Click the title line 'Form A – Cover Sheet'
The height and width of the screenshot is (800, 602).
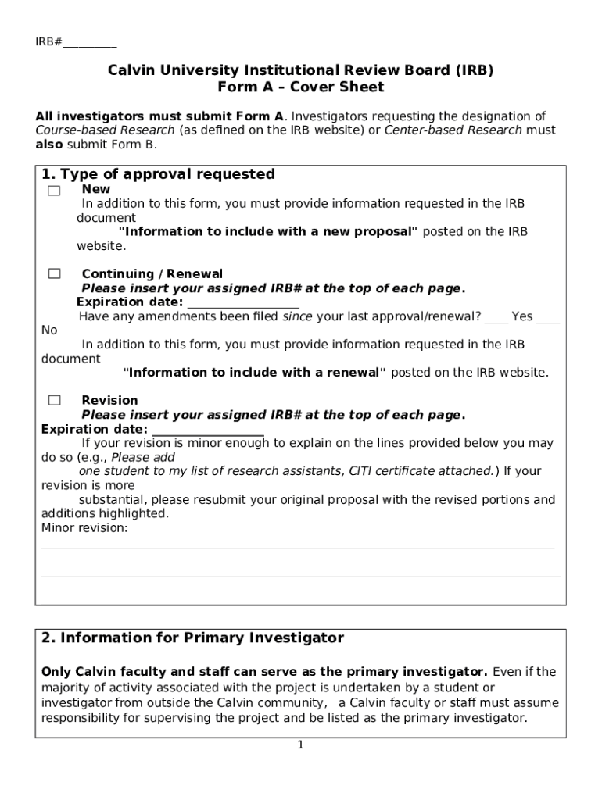pyautogui.click(x=301, y=87)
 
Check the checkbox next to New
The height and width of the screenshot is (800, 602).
pyautogui.click(x=53, y=191)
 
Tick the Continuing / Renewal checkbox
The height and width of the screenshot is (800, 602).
pyautogui.click(x=54, y=273)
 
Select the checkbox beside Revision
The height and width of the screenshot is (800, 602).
pyautogui.click(x=54, y=400)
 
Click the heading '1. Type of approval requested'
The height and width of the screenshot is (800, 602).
pyautogui.click(x=158, y=174)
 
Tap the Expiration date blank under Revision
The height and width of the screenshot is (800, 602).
pyautogui.click(x=208, y=430)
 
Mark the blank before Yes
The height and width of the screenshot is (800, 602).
pyautogui.click(x=496, y=317)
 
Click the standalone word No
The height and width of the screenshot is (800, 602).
pyautogui.click(x=49, y=330)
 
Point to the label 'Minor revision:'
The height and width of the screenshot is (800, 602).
pyautogui.click(x=84, y=528)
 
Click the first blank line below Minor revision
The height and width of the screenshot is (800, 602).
pyautogui.click(x=297, y=547)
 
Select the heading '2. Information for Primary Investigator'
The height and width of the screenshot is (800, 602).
pyautogui.click(x=192, y=638)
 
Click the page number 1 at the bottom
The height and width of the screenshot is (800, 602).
pyautogui.click(x=300, y=745)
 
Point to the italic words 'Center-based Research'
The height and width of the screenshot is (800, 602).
pyautogui.click(x=453, y=130)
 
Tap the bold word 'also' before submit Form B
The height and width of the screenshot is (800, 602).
pyautogui.click(x=50, y=145)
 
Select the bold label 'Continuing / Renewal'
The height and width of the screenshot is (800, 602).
pyautogui.click(x=152, y=274)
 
